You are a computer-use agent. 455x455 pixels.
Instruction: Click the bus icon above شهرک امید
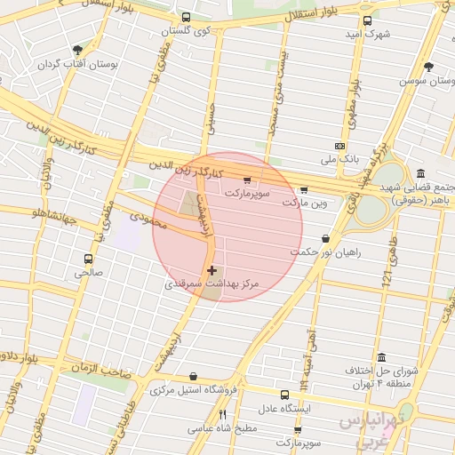click(367, 20)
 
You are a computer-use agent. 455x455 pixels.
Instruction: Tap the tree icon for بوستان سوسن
click(429, 68)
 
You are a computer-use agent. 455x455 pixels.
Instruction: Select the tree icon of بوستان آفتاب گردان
click(78, 49)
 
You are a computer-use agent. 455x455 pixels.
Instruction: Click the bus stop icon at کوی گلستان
click(186, 18)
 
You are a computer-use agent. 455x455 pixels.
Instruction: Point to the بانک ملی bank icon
click(339, 146)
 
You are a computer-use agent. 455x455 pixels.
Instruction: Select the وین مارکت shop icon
click(304, 190)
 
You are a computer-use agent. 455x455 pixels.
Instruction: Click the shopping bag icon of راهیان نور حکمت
click(325, 238)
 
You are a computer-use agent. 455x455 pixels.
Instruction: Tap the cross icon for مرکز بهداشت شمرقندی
click(211, 269)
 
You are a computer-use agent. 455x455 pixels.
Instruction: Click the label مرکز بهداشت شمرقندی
click(212, 284)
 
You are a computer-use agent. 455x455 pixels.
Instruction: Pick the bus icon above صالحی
click(87, 259)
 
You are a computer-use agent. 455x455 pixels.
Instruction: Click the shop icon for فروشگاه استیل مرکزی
click(193, 377)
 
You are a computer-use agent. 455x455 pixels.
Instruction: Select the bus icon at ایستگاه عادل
click(284, 395)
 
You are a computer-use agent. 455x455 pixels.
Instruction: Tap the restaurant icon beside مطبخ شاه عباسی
click(223, 414)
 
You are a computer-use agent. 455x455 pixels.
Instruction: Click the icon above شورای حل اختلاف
click(381, 357)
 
